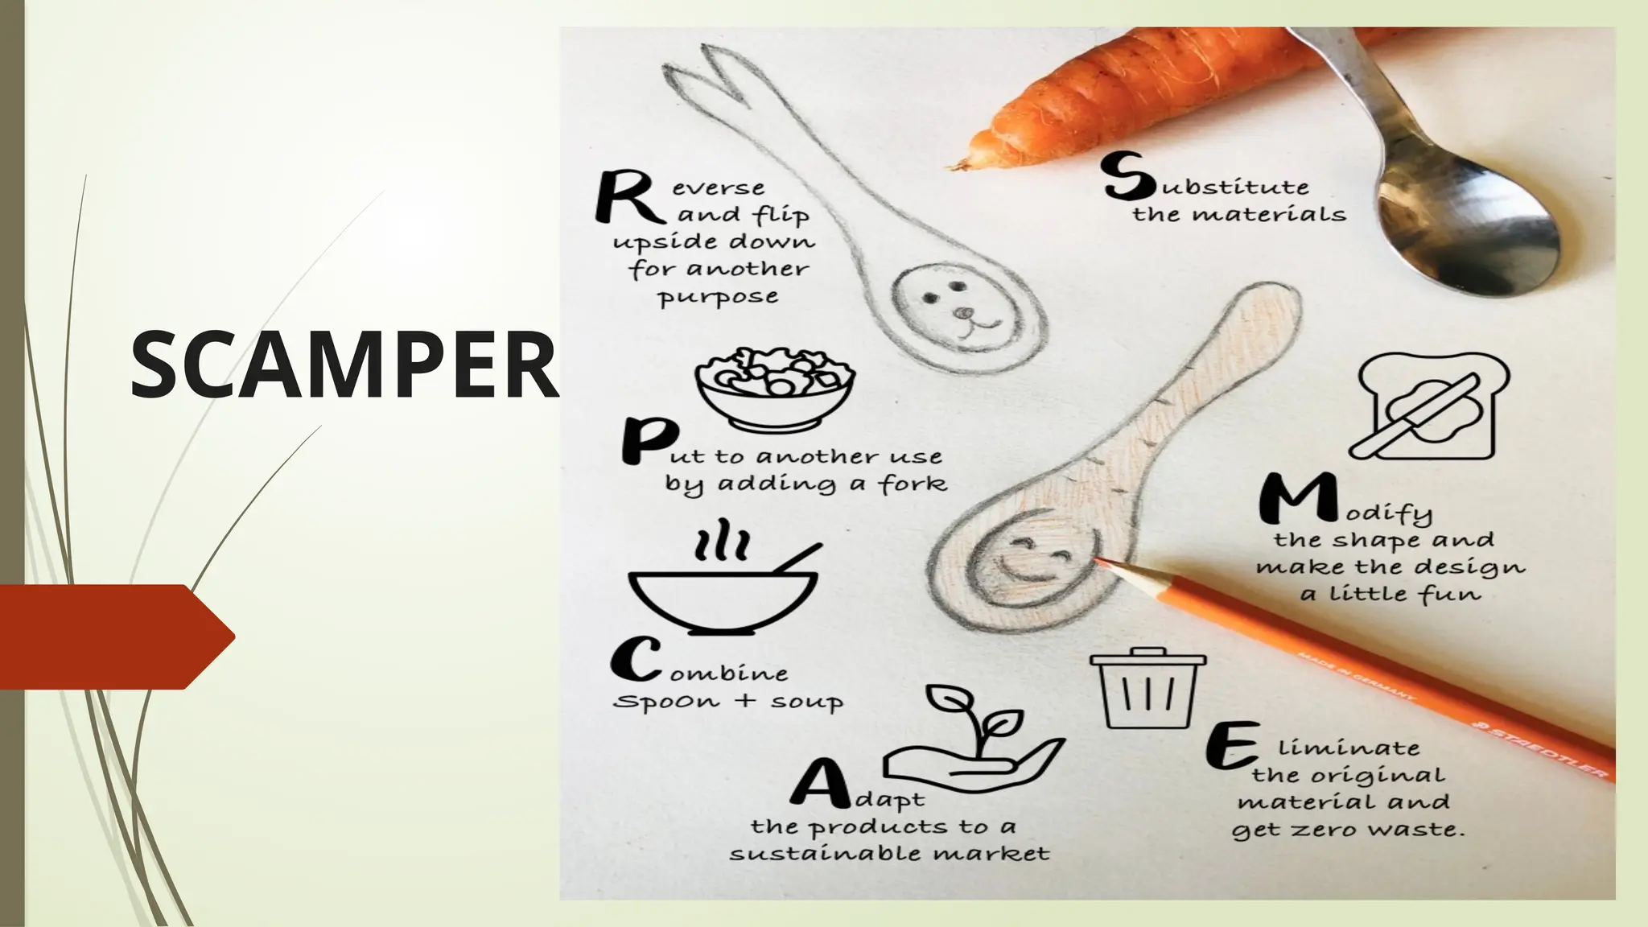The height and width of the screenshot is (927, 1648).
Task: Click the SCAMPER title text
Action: point(344,366)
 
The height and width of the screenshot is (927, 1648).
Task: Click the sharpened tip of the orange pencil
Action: point(1102,562)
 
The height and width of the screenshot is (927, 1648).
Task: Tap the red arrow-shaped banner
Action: point(113,637)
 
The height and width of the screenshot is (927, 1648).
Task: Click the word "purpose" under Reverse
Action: point(718,298)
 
